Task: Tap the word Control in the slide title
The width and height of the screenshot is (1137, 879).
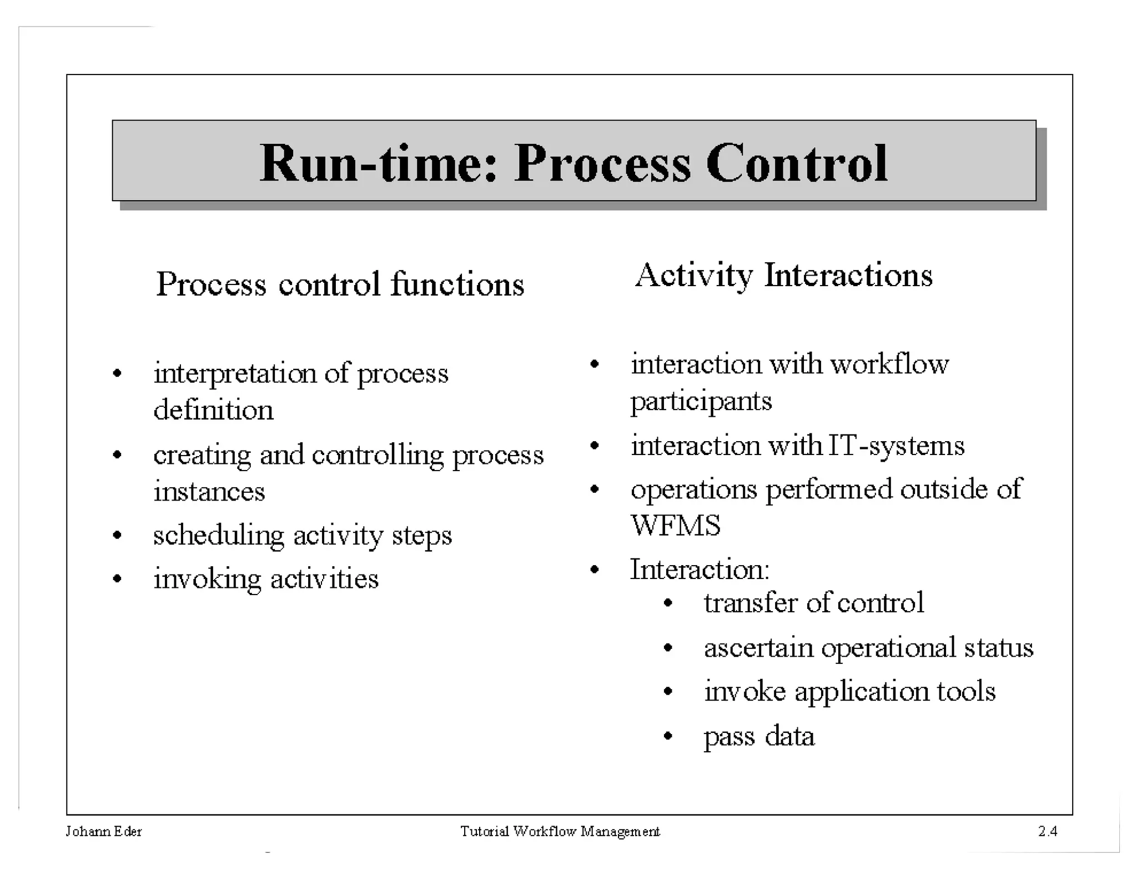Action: pyautogui.click(x=796, y=163)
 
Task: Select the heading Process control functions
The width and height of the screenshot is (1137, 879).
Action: pyautogui.click(x=340, y=284)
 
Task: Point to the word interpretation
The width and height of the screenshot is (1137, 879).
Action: pyautogui.click(x=235, y=373)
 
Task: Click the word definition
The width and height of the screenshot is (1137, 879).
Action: pyautogui.click(x=213, y=410)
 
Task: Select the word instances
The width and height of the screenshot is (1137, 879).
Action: pyautogui.click(x=209, y=491)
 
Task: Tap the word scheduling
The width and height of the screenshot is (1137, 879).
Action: pyautogui.click(x=219, y=536)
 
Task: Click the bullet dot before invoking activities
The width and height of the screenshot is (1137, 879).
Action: pyautogui.click(x=117, y=579)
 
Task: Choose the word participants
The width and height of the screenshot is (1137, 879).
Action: pyautogui.click(x=701, y=401)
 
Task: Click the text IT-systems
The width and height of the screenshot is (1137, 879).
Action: pyautogui.click(x=896, y=446)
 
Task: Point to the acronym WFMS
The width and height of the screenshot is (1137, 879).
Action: pyautogui.click(x=675, y=525)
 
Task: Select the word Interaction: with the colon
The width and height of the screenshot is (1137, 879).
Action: pyautogui.click(x=700, y=570)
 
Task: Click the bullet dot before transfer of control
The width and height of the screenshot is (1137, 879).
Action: pyautogui.click(x=668, y=603)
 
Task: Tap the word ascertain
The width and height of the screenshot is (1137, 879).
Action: pyautogui.click(x=758, y=648)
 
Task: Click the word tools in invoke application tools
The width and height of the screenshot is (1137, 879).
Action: pyautogui.click(x=966, y=691)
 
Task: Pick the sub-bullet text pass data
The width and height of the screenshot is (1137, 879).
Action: pyautogui.click(x=758, y=737)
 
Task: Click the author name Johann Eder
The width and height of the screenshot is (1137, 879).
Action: pyautogui.click(x=104, y=831)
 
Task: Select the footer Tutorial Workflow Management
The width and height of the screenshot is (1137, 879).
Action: pyautogui.click(x=560, y=831)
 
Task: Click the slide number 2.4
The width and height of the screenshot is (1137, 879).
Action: pyautogui.click(x=1047, y=831)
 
